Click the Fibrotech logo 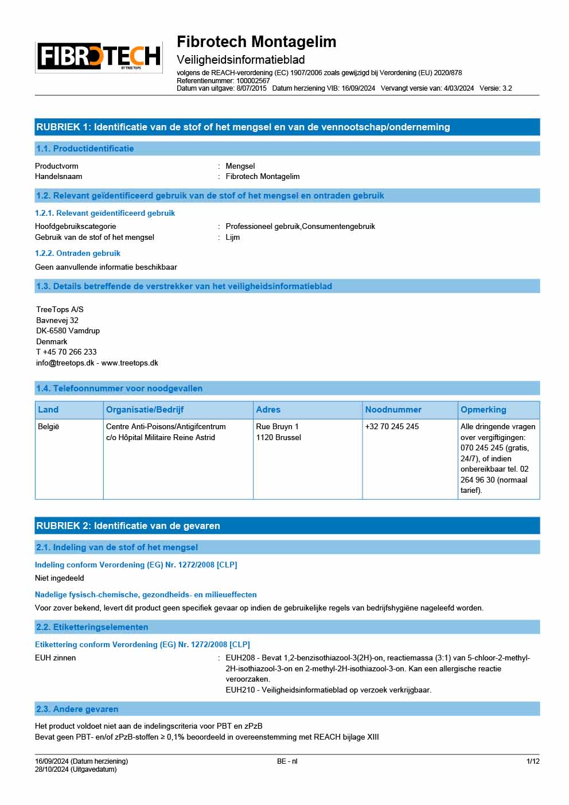[x=99, y=57]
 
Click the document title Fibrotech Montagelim [x=256, y=42]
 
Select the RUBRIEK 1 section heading [x=243, y=127]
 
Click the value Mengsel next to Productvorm [x=240, y=166]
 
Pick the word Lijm [x=233, y=238]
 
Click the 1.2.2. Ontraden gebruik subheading [x=77, y=253]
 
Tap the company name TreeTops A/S [x=60, y=310]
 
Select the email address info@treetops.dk [x=65, y=363]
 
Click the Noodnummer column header [x=393, y=410]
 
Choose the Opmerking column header [x=483, y=410]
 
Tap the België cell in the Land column [x=49, y=427]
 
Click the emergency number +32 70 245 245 [x=392, y=427]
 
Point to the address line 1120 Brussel [x=278, y=438]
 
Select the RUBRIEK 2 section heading [x=128, y=526]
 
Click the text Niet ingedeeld [x=60, y=578]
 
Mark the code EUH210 [x=240, y=690]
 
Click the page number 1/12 [x=533, y=761]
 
